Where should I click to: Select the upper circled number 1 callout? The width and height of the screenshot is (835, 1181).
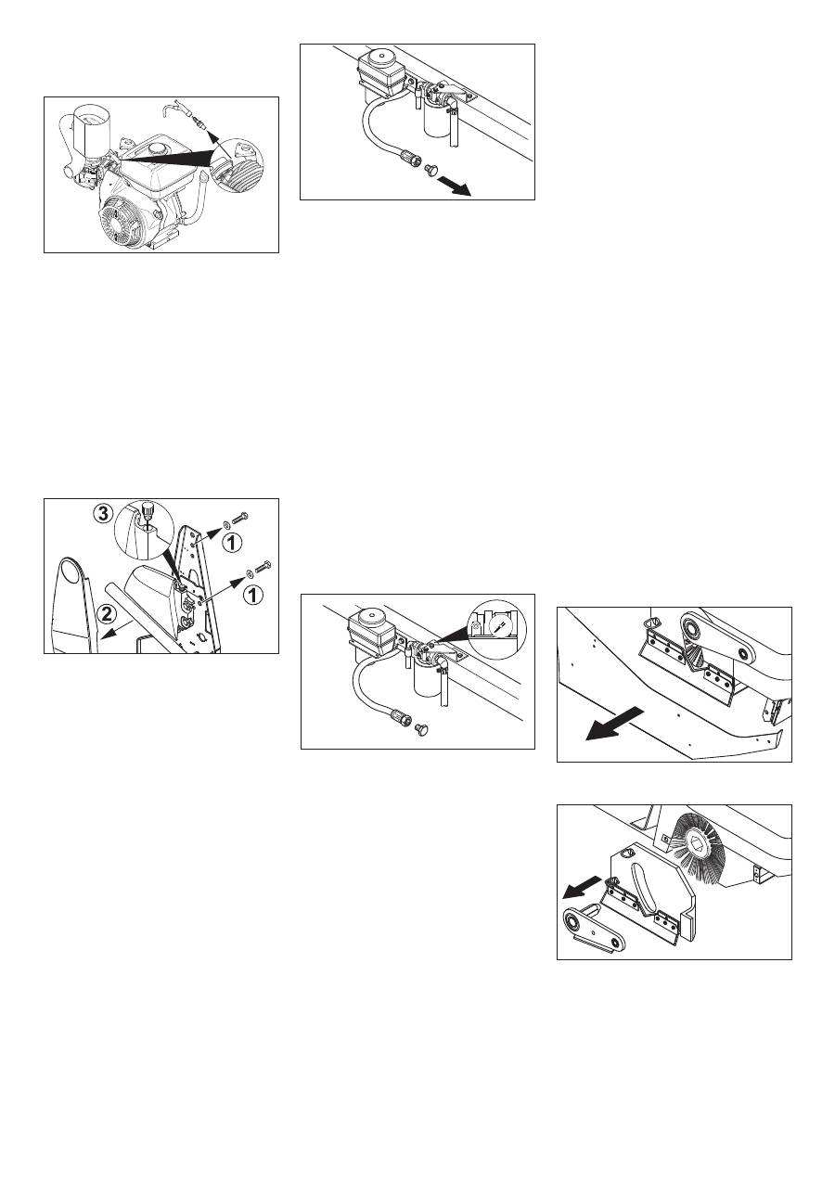coord(232,543)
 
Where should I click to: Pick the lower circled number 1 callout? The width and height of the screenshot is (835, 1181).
coord(252,595)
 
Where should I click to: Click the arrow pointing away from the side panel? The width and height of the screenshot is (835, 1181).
coord(613,725)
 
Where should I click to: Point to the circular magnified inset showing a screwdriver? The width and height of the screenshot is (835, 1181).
coord(495,628)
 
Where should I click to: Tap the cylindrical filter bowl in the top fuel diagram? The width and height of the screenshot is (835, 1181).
coord(435,122)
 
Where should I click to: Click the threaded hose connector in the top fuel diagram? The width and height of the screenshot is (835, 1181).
coord(411,157)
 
